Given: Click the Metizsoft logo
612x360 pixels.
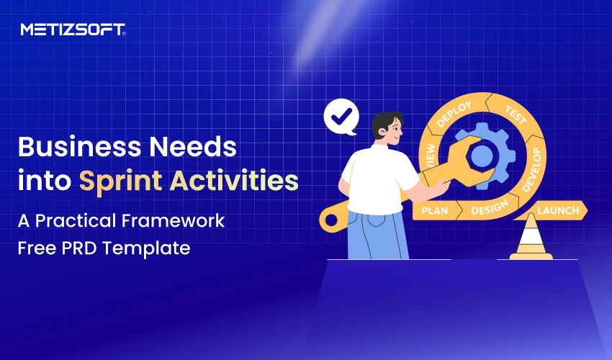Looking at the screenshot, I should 73,30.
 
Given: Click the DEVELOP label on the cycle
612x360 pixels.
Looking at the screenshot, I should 531,171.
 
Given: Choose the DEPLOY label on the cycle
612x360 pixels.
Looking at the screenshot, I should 454,113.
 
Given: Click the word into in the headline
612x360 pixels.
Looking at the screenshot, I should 44,181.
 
